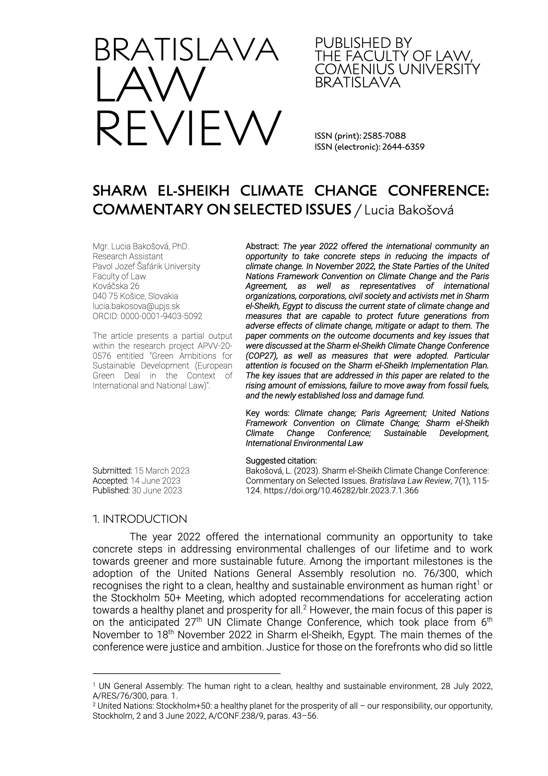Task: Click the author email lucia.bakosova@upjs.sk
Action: click(x=136, y=306)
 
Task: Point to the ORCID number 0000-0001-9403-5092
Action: click(x=161, y=316)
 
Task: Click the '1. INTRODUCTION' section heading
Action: click(x=140, y=519)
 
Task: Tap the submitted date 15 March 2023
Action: click(x=162, y=470)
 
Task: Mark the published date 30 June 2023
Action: click(x=157, y=491)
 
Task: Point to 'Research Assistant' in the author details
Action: click(x=128, y=256)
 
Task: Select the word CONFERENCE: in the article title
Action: click(x=438, y=191)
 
